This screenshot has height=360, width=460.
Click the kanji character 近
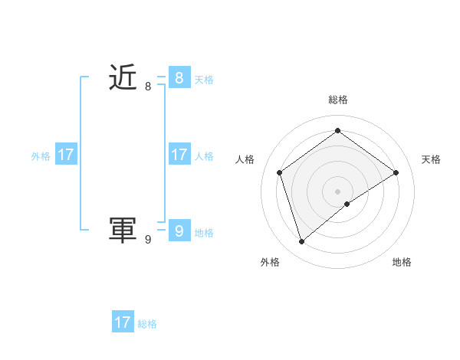123,77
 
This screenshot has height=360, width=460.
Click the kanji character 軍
123,230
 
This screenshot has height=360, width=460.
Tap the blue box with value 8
179,77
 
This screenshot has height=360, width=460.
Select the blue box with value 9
179,230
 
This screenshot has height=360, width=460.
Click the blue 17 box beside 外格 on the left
66,155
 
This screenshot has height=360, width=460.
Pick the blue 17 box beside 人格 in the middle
179,155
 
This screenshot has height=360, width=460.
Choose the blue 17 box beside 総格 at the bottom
123,322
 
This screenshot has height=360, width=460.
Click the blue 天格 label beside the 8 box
204,79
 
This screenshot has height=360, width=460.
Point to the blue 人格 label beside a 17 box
204,155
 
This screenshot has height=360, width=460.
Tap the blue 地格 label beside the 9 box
204,232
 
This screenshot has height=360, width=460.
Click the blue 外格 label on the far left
41,155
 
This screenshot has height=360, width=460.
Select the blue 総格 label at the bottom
147,324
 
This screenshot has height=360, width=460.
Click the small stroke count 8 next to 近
148,87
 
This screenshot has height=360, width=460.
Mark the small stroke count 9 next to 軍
148,240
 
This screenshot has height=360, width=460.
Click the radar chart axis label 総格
338,100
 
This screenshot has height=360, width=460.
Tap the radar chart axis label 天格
432,159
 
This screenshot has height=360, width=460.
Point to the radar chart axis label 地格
402,262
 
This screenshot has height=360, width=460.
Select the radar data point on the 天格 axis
396,172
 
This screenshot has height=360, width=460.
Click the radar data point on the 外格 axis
302,242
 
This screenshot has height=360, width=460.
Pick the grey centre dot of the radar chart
338,191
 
